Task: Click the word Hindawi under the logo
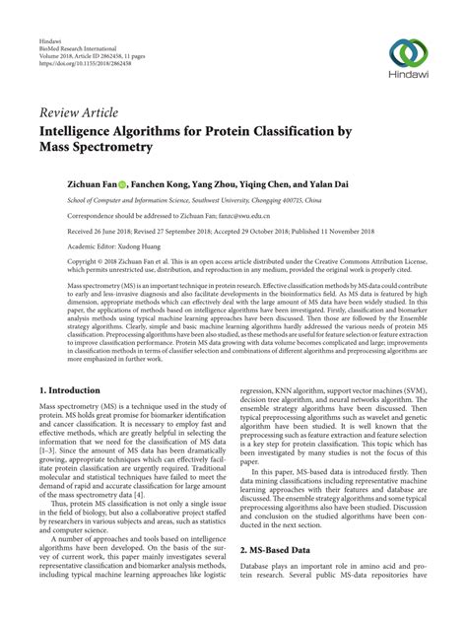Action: click(407, 79)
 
